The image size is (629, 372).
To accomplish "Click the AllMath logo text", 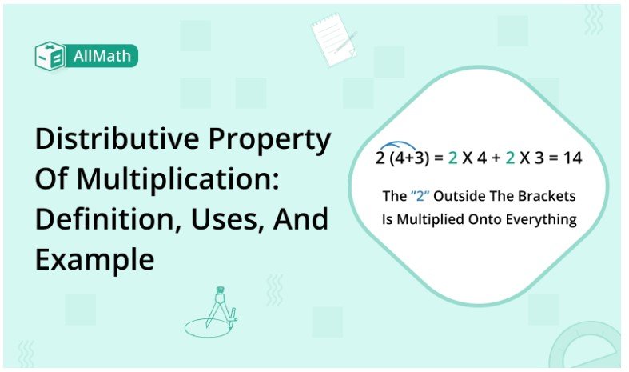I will tap(104, 55).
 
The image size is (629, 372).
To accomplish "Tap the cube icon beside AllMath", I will tap(50, 55).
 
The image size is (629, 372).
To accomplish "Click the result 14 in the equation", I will tap(571, 158).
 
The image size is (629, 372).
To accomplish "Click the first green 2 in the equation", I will tap(452, 158).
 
